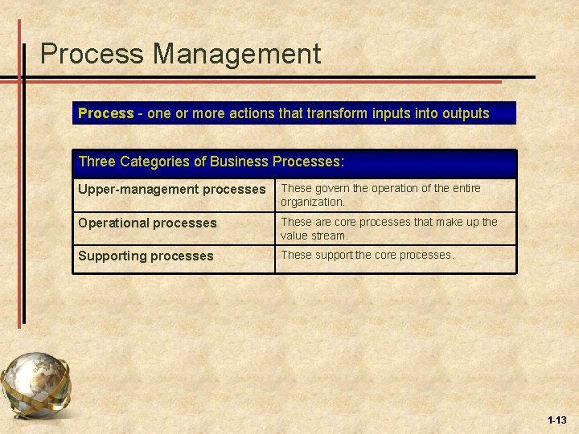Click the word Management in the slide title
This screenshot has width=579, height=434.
(x=237, y=55)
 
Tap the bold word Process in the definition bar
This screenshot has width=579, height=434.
(x=105, y=113)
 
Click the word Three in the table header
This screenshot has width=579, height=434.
(x=97, y=162)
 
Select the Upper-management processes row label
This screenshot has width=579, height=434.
(x=171, y=190)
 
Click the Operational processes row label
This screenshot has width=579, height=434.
(x=147, y=223)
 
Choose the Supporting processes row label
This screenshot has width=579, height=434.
(x=146, y=256)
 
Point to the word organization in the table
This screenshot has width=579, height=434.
(x=312, y=202)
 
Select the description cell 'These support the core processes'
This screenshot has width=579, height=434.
(x=367, y=255)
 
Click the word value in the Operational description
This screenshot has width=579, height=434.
(x=294, y=235)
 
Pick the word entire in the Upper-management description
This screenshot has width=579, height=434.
(x=463, y=188)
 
